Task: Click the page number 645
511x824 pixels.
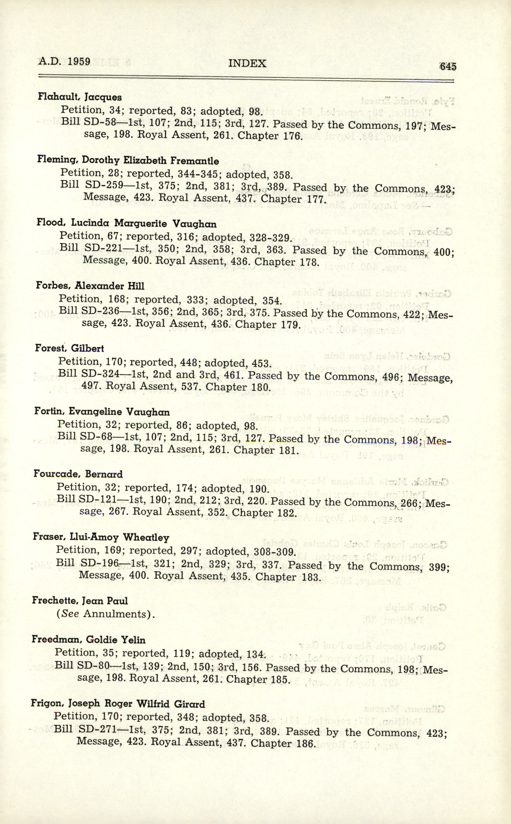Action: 448,66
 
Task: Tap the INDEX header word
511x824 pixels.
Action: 247,63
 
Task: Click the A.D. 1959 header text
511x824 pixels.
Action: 64,61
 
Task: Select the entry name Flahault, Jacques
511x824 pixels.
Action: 80,97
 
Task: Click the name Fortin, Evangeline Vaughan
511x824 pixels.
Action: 102,412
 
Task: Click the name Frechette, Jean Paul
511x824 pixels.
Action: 80,601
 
